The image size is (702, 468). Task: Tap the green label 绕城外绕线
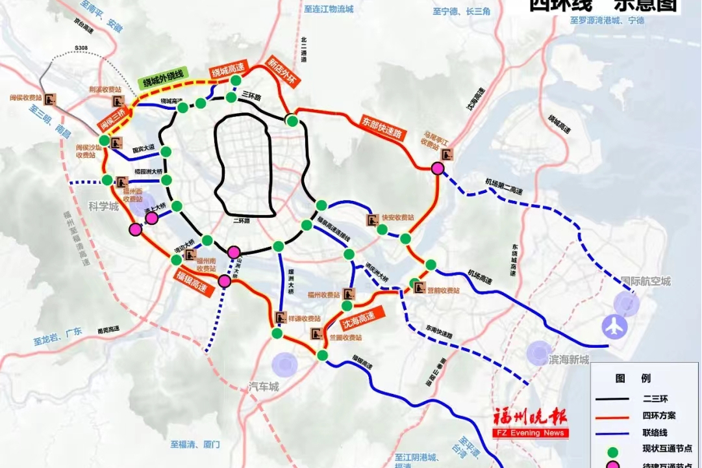pos(162,79)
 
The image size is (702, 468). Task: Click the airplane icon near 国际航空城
pos(612,326)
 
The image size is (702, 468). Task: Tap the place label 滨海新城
pos(569,359)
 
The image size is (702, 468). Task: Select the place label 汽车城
pos(264,386)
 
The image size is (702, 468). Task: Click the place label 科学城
pos(104,207)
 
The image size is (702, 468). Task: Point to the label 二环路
pos(242,221)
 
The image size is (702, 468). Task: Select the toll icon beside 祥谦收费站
pos(280,318)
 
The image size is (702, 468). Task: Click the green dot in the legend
pos(611,448)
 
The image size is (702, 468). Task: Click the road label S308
pos(82,48)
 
